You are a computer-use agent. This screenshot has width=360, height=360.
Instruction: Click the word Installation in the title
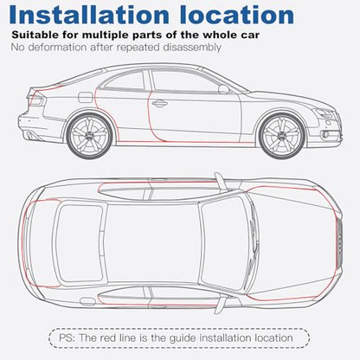[x=89, y=15]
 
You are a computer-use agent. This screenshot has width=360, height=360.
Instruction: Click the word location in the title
[x=236, y=15]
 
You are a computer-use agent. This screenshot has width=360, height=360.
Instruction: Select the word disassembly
[x=192, y=48]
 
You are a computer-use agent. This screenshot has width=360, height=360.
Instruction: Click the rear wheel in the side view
[x=89, y=136]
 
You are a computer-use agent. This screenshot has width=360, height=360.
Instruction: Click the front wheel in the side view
[x=282, y=136]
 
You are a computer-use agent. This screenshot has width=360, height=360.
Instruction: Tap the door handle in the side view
[x=159, y=103]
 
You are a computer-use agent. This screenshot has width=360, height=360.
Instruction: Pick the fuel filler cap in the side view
[x=86, y=97]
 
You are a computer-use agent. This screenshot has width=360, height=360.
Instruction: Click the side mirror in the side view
[x=224, y=89]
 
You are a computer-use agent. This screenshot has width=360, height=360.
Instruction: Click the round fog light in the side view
[x=325, y=135]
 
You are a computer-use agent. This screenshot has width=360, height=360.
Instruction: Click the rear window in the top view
[x=79, y=243]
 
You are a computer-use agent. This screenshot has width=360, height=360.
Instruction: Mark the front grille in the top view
[x=339, y=241]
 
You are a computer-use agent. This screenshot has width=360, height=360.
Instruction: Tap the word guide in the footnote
[x=183, y=338]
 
